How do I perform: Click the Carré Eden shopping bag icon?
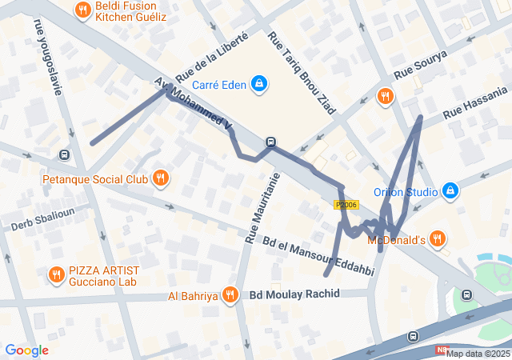[259, 83]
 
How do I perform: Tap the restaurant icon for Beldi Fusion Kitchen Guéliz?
[82, 10]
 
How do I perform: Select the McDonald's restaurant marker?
[437, 238]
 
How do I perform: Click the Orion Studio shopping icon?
[450, 191]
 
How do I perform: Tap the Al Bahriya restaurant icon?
[230, 295]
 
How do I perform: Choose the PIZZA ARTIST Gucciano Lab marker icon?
[56, 276]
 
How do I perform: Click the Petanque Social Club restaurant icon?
[161, 178]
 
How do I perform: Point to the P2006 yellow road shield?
[346, 206]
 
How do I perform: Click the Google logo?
[26, 350]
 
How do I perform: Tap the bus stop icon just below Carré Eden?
[271, 142]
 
